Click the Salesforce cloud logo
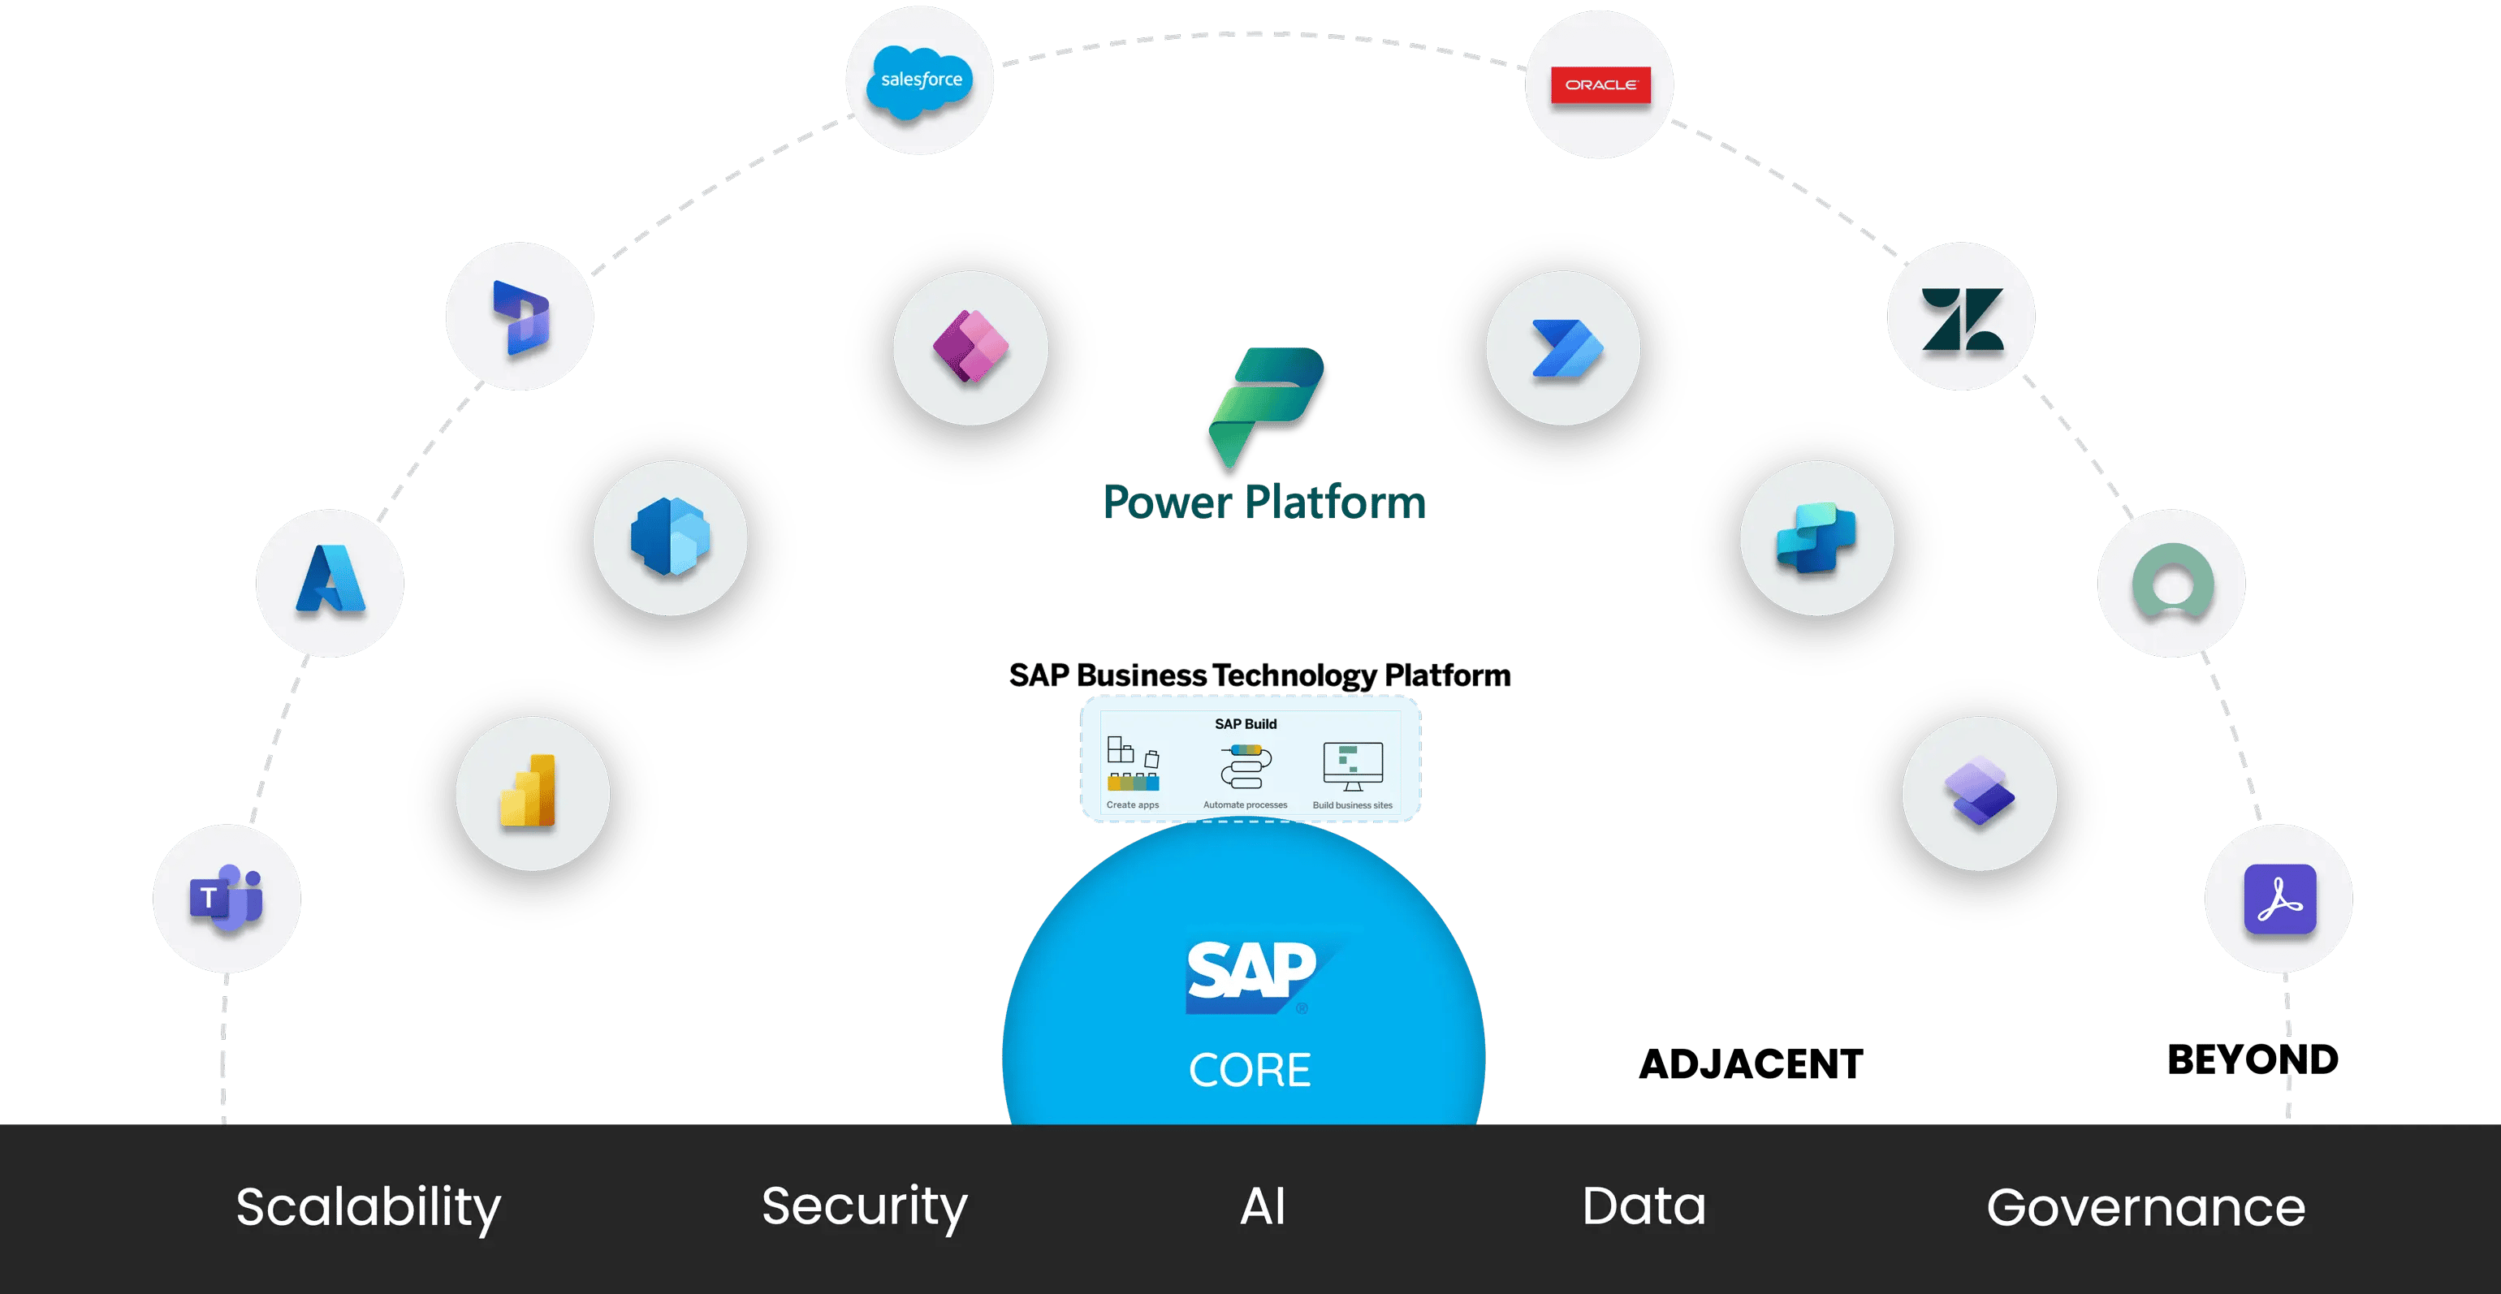919,81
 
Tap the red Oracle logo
1600,85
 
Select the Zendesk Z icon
1961,318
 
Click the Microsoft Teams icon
227,899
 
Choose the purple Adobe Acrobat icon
2279,899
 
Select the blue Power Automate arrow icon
1565,347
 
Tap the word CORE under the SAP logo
1250,1070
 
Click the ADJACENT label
1751,1065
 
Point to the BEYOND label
2253,1060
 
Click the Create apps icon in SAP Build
1133,765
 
